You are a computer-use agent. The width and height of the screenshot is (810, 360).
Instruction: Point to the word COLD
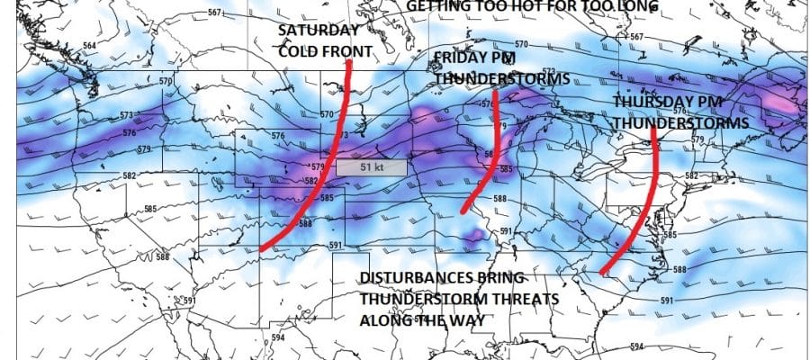point(294,49)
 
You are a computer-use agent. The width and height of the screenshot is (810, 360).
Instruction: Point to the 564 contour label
point(90,46)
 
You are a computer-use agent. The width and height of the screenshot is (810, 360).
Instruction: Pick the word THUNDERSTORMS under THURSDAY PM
point(680,122)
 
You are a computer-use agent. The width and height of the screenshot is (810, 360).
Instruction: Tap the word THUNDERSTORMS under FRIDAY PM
point(502,78)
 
